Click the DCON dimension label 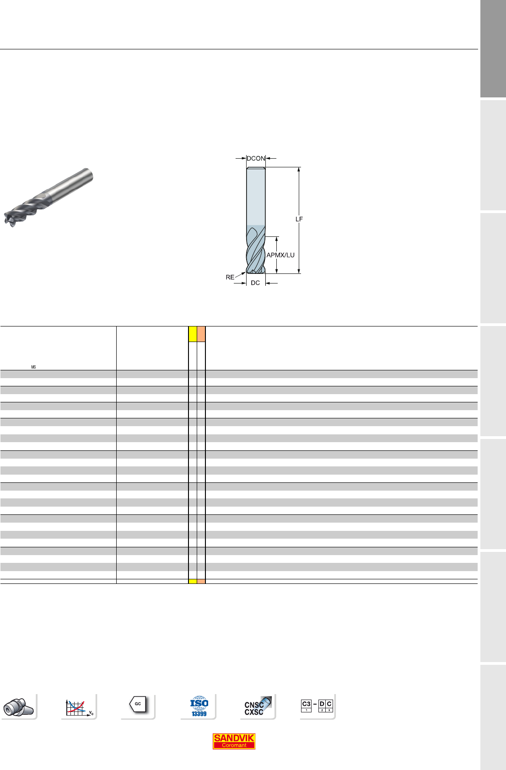[256, 159]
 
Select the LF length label [299, 219]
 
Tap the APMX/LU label [280, 255]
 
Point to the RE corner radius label [230, 277]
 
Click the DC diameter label [255, 283]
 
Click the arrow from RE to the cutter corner [241, 275]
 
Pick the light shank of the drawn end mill [256, 196]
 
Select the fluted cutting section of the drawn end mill [256, 250]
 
